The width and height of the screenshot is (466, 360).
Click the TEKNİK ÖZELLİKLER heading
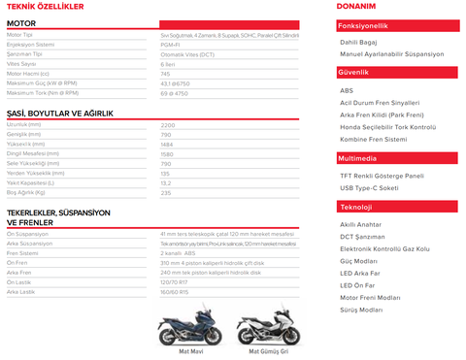pyautogui.click(x=45, y=7)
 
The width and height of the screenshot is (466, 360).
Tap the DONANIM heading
pyautogui.click(x=356, y=7)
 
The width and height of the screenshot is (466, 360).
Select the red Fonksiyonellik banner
pyautogui.click(x=397, y=26)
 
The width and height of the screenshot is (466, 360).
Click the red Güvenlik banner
pyautogui.click(x=397, y=72)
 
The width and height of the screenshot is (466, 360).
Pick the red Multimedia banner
pyautogui.click(x=397, y=158)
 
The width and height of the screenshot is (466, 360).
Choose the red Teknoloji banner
pyautogui.click(x=397, y=207)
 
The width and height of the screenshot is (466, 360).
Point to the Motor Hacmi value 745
pyautogui.click(x=166, y=74)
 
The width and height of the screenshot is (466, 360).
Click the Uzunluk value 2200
pyautogui.click(x=168, y=125)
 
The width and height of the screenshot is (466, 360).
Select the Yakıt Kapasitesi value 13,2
pyautogui.click(x=166, y=182)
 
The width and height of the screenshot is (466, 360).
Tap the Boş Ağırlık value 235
pyautogui.click(x=166, y=192)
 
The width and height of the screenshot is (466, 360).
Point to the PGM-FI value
pyautogui.click(x=170, y=44)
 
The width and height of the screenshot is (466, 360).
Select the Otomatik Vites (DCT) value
pyautogui.click(x=183, y=54)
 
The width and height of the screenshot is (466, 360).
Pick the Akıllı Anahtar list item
pyautogui.click(x=360, y=224)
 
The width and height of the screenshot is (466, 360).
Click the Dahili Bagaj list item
pyautogui.click(x=359, y=43)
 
